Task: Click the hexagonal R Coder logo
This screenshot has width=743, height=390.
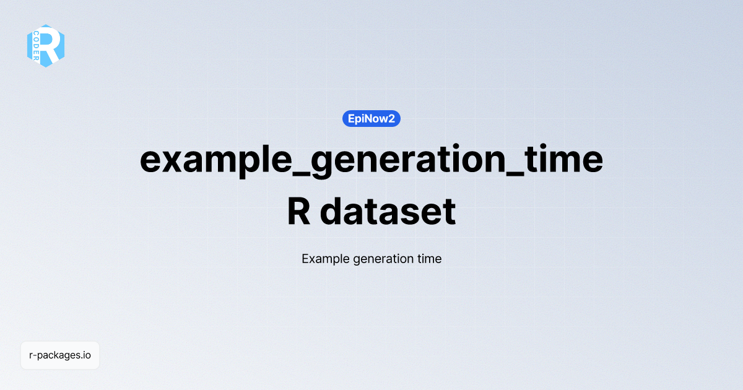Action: point(46,46)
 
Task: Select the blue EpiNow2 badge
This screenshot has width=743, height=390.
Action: point(371,118)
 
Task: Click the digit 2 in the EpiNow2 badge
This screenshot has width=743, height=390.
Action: point(391,118)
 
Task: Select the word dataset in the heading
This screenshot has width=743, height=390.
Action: point(388,211)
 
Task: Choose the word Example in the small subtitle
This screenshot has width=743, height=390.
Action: point(325,259)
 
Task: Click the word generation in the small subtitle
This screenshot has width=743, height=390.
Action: point(380,259)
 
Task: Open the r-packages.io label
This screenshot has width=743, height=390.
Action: point(60,355)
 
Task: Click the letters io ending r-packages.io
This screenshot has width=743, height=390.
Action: point(87,355)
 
